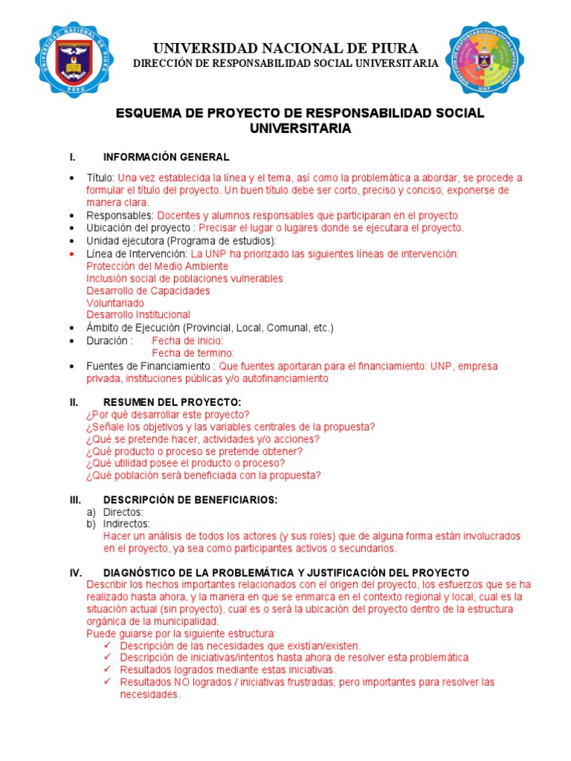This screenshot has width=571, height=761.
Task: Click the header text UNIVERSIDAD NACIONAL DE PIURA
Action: pyautogui.click(x=285, y=48)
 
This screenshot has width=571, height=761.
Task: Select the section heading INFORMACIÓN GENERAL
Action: pyautogui.click(x=167, y=157)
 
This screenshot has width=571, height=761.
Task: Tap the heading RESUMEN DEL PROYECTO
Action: pyautogui.click(x=172, y=402)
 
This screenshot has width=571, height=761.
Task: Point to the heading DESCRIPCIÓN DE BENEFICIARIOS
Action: pyautogui.click(x=190, y=500)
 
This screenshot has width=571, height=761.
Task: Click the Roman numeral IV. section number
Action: pyautogui.click(x=75, y=572)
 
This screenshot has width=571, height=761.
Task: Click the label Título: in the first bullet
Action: pyautogui.click(x=100, y=178)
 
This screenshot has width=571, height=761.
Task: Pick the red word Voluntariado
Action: pyautogui.click(x=115, y=303)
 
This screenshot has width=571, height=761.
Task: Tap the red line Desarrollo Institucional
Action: pyautogui.click(x=138, y=315)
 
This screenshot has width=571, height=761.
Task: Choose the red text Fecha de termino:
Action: pyautogui.click(x=193, y=353)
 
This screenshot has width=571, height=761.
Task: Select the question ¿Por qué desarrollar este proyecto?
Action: pyautogui.click(x=168, y=415)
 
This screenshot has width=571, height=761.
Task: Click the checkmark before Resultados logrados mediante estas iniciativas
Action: pyautogui.click(x=109, y=670)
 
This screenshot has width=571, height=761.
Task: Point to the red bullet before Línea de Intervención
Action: pyautogui.click(x=71, y=254)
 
